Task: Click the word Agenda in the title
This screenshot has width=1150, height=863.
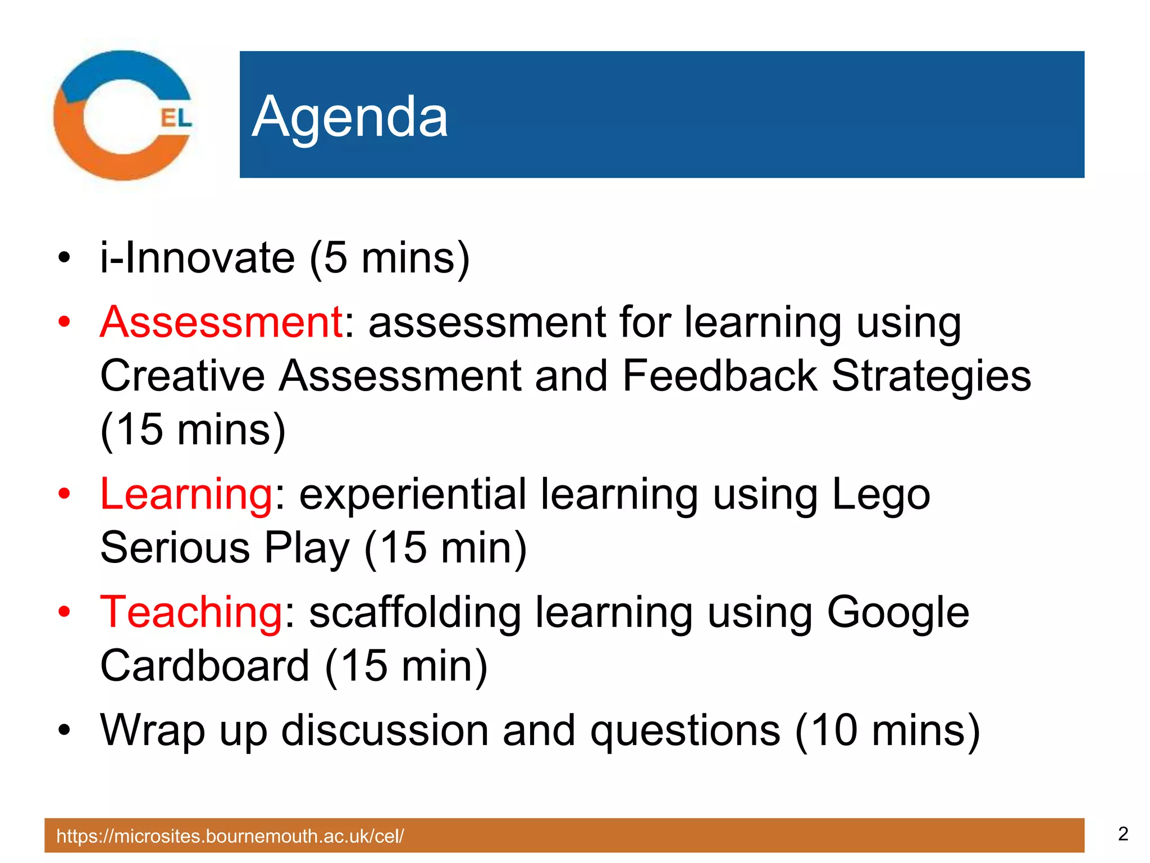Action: [x=350, y=117]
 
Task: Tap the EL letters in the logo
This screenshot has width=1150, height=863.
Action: [x=176, y=118]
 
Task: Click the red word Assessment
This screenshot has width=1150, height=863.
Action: [x=221, y=322]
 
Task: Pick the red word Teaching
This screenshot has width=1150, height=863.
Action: [x=191, y=612]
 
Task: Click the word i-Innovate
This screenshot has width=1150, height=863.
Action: [x=197, y=258]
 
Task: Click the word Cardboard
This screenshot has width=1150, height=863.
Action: [x=205, y=666]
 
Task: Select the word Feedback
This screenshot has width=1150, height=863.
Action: [x=719, y=376]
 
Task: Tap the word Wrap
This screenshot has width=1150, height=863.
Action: [x=152, y=731]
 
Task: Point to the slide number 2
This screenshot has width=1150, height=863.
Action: [x=1122, y=834]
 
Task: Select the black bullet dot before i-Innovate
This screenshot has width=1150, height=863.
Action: [x=65, y=258]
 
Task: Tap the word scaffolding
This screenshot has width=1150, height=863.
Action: [x=415, y=612]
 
